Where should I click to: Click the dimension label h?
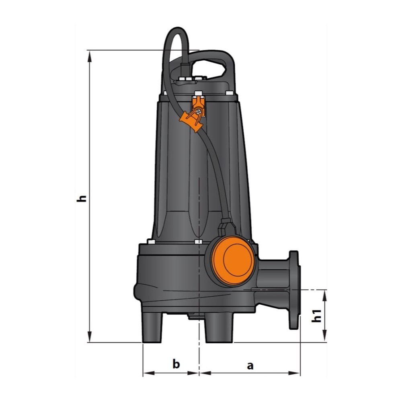82,199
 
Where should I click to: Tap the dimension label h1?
317,316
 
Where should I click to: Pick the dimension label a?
250,365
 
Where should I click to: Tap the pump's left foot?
152,328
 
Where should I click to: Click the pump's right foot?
219,328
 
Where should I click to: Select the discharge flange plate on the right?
294,290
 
